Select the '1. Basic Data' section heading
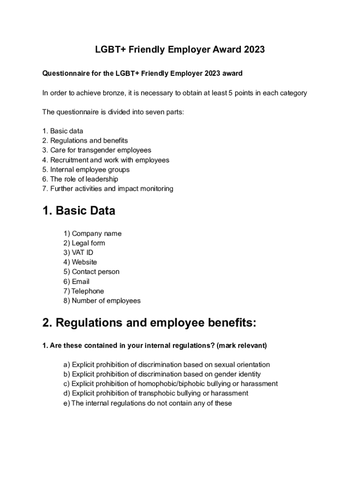(79, 211)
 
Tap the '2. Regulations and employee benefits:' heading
(150, 323)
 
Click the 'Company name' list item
(93, 233)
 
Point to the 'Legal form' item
(84, 243)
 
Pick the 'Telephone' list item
(84, 291)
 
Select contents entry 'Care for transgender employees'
(97, 150)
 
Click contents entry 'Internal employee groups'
(86, 169)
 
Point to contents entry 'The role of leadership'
(80, 179)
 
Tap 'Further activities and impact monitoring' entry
(108, 189)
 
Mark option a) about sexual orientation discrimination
(166, 364)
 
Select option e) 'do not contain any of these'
(147, 403)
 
